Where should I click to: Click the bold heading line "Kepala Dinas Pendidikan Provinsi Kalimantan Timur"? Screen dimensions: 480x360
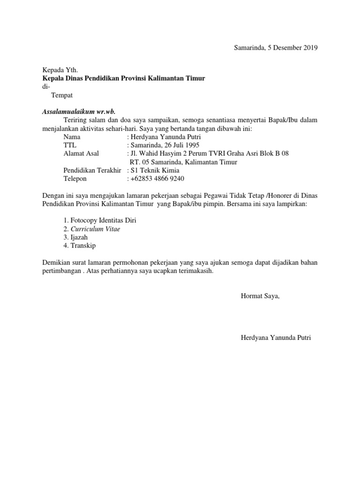[x=124, y=78]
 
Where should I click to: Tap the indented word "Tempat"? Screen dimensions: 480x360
[x=62, y=95]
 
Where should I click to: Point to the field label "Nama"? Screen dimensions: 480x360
[x=72, y=137]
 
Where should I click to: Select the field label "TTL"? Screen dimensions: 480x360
[x=69, y=145]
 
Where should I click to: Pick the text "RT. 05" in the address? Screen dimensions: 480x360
[x=139, y=162]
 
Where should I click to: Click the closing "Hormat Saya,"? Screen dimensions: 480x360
[x=260, y=296]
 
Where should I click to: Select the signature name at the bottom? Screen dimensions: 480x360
[x=276, y=337]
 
